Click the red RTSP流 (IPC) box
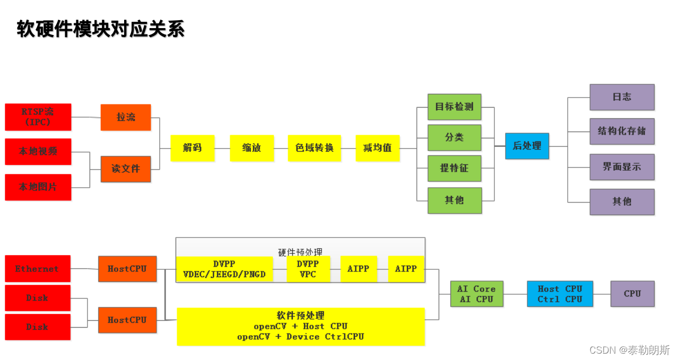38,117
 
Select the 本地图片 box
38,187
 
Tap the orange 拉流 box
126,117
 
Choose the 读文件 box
126,169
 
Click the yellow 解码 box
192,148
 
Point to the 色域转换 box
314,148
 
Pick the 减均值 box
377,148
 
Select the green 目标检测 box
454,107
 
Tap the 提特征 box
454,169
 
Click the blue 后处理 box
527,145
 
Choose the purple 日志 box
622,97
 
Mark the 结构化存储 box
622,131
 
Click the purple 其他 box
622,201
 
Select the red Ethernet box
38,269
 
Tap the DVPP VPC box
308,269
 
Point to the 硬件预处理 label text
300,251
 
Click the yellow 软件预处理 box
301,326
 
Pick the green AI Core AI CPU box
476,294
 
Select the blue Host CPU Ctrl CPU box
560,294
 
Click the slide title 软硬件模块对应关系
101,29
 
